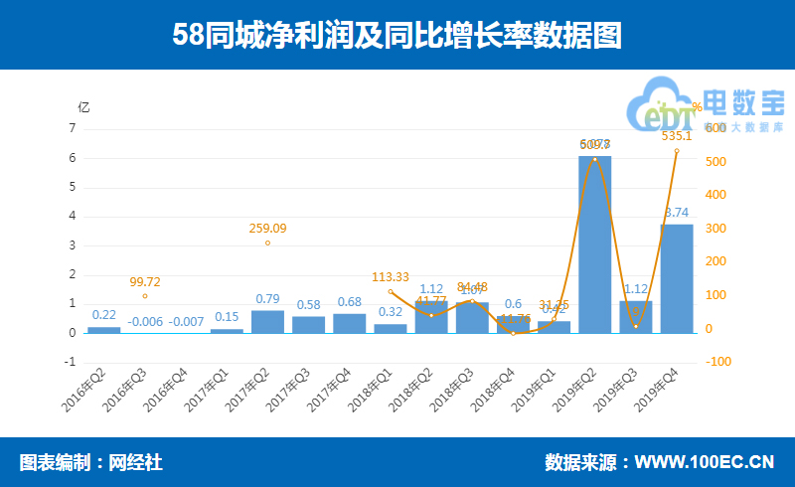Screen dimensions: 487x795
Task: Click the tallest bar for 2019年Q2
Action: pos(594,243)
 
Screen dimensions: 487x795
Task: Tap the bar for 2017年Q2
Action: pos(267,321)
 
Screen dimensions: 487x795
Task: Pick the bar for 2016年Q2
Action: pos(103,329)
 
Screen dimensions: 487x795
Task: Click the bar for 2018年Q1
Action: pos(391,328)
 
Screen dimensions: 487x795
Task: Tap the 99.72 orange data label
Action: pos(145,282)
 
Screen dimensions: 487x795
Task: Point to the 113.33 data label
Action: pos(391,277)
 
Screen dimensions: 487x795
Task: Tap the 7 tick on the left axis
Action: pos(73,128)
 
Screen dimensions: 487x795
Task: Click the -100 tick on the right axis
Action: pos(716,362)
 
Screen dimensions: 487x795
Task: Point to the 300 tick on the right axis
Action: pos(713,229)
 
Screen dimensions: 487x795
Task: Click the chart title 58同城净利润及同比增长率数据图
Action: pos(397,36)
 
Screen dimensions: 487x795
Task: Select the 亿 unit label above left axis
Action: pos(83,106)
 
